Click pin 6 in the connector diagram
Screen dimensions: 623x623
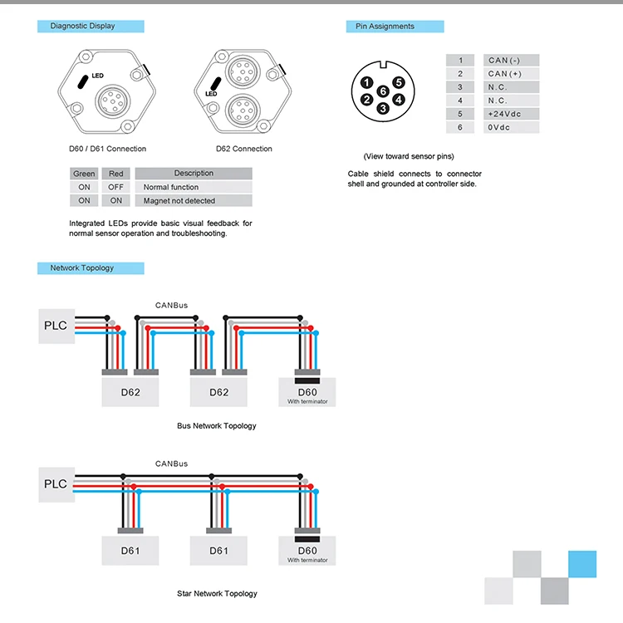[382, 91]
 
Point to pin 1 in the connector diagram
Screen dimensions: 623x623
[367, 83]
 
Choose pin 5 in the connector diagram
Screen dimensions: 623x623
[399, 83]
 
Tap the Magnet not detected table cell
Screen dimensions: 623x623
[193, 201]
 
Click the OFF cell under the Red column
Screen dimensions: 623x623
[115, 188]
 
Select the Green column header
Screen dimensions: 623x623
[84, 174]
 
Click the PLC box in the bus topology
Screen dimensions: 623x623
[56, 325]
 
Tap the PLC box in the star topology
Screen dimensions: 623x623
[56, 483]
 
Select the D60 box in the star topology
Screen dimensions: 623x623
[307, 552]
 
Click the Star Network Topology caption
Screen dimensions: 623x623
[217, 594]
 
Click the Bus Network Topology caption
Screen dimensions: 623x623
[217, 426]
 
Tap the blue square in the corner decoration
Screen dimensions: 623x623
[581, 564]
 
